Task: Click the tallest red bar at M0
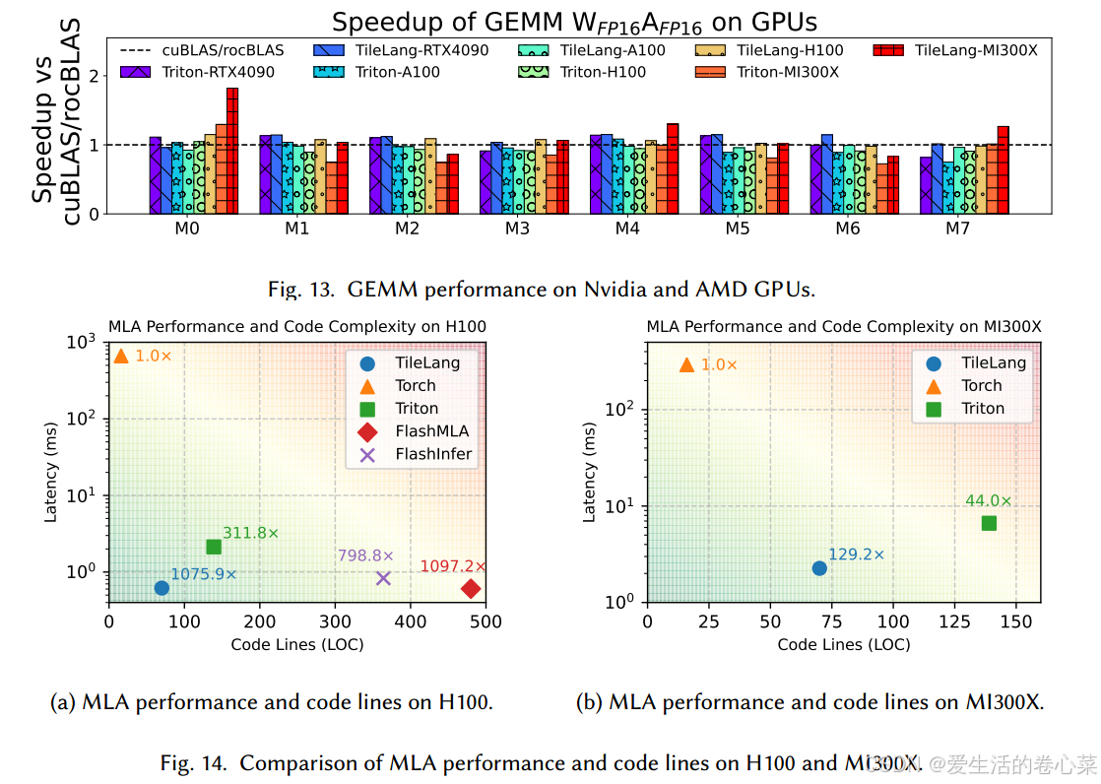[232, 150]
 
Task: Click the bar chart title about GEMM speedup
[574, 22]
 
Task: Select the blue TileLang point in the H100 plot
[162, 588]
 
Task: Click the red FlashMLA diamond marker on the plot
[471, 589]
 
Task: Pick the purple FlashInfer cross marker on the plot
[383, 578]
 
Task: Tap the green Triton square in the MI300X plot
[989, 523]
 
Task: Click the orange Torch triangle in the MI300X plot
[686, 365]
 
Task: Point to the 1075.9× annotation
[204, 574]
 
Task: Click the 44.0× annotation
[988, 501]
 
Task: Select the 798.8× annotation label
[365, 556]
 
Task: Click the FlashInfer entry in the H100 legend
[433, 454]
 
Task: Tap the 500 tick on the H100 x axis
[486, 622]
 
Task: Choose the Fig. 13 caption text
[543, 290]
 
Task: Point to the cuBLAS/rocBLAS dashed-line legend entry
[202, 50]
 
